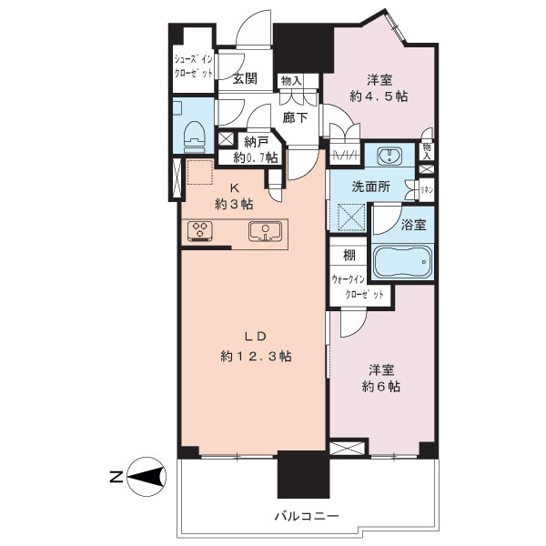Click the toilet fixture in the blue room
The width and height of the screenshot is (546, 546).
pyautogui.click(x=195, y=136)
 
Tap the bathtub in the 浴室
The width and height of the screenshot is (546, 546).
pyautogui.click(x=402, y=262)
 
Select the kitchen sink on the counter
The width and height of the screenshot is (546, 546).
pyautogui.click(x=265, y=231)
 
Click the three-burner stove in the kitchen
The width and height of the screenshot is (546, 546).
pyautogui.click(x=200, y=231)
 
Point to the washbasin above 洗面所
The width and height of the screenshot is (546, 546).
pyautogui.click(x=390, y=156)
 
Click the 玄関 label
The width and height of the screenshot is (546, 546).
pyautogui.click(x=245, y=78)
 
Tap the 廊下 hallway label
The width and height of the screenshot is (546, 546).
pyautogui.click(x=295, y=117)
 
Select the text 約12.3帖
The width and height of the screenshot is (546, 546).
pyautogui.click(x=256, y=356)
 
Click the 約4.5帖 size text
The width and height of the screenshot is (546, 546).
pyautogui.click(x=379, y=96)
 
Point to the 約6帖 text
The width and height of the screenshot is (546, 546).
pyautogui.click(x=381, y=386)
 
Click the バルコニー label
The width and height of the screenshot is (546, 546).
pyautogui.click(x=307, y=516)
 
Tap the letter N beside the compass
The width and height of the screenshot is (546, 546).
pyautogui.click(x=116, y=477)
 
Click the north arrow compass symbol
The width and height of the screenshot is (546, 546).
pyautogui.click(x=147, y=476)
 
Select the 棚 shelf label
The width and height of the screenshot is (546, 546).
pyautogui.click(x=349, y=256)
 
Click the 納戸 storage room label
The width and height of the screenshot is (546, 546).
pyautogui.click(x=256, y=142)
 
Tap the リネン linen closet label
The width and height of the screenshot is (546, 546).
pyautogui.click(x=426, y=190)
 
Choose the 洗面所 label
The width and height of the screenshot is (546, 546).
pyautogui.click(x=371, y=187)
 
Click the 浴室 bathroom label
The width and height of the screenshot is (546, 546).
pyautogui.click(x=413, y=225)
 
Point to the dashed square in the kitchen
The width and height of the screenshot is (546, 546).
pyautogui.click(x=200, y=172)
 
